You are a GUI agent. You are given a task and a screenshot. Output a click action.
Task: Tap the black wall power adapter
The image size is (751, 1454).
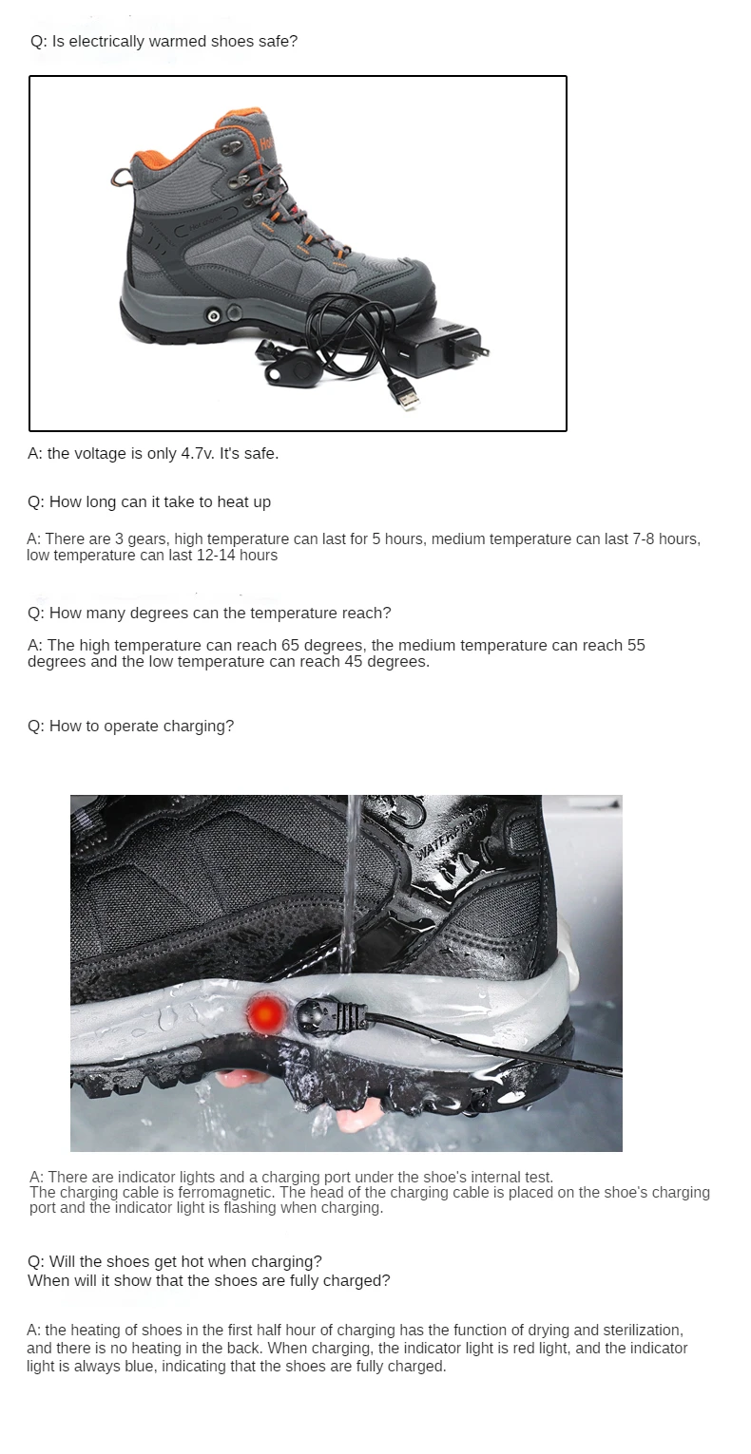coord(442,347)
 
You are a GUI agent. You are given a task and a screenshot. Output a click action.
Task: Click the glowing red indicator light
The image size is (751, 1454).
coord(265,1013)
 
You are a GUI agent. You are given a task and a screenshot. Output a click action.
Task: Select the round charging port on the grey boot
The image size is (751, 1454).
coord(214,314)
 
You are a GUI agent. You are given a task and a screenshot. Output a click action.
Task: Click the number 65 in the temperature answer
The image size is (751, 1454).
coord(291,646)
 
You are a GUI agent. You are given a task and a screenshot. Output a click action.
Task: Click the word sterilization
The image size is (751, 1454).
coord(639,1330)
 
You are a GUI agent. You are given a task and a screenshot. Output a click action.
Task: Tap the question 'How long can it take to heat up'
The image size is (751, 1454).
coord(149,502)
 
